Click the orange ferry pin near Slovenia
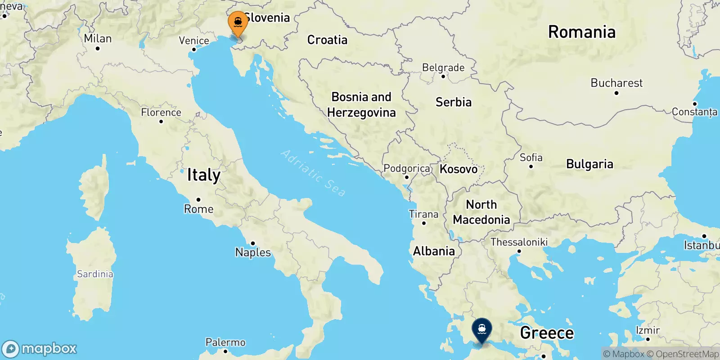(238, 23)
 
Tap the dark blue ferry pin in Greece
(482, 330)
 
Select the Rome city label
(198, 209)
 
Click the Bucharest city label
(616, 83)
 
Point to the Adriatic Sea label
(313, 173)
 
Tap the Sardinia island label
(95, 274)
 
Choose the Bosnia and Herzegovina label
(361, 104)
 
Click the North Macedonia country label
(481, 212)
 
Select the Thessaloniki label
(519, 242)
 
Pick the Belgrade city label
(443, 67)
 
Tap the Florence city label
(161, 112)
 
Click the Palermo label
(225, 342)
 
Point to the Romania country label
(581, 32)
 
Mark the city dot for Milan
(98, 48)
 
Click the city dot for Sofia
(531, 166)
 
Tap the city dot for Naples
(253, 243)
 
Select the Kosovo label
(459, 169)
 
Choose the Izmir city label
(648, 330)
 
